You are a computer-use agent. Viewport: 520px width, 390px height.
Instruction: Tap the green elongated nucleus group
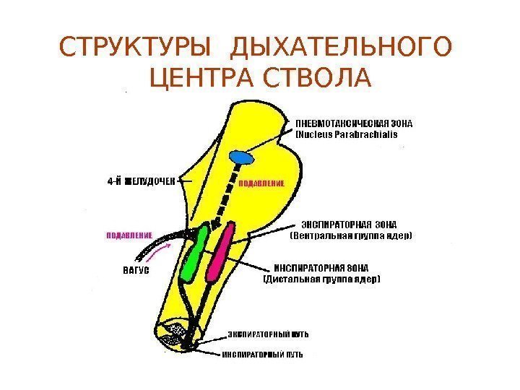194,252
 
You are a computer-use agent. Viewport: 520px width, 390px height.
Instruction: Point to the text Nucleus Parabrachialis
347,134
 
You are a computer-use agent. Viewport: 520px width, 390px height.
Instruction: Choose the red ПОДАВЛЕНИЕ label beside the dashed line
262,183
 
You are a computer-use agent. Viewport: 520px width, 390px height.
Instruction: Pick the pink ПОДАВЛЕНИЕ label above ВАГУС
129,235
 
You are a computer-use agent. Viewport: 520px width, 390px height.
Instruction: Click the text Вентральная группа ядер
351,235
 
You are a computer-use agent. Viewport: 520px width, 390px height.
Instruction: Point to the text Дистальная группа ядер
321,278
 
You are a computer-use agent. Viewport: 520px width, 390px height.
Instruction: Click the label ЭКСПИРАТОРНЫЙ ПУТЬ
269,334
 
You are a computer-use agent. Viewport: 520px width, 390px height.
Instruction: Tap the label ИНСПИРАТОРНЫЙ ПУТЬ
262,355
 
